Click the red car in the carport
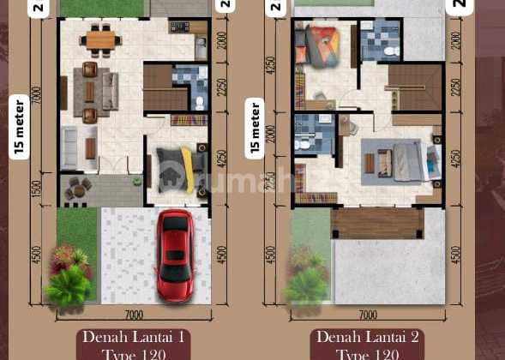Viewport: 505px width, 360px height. coord(176,255)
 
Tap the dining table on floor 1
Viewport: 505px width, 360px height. coord(100,39)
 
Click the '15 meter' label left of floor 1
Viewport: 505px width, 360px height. coord(18,128)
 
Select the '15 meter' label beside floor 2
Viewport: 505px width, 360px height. coord(254,129)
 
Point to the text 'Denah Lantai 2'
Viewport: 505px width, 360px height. coord(368,337)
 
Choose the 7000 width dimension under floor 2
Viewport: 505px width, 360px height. coord(369,315)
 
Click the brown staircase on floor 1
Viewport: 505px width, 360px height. coord(158,88)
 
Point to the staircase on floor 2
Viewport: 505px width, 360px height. coord(414,87)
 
